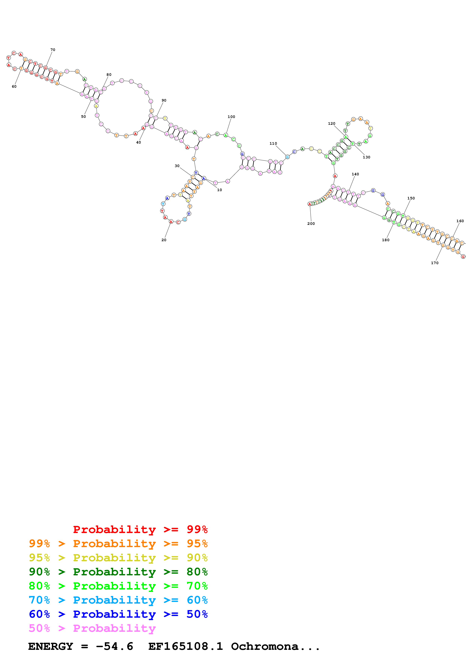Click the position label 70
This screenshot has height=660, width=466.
point(53,50)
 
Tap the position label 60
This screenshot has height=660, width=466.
point(14,87)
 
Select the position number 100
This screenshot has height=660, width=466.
point(231,117)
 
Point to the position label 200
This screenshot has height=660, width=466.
point(311,224)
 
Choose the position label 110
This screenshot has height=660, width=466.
point(273,143)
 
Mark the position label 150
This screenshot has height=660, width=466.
point(411,198)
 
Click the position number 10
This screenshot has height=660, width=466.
point(219,190)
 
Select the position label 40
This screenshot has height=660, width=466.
point(138,142)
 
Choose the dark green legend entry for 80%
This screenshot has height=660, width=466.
point(118,572)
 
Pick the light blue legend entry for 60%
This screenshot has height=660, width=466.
point(118,600)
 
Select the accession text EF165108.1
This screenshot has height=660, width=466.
point(186,646)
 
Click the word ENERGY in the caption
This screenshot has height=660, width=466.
point(51,646)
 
